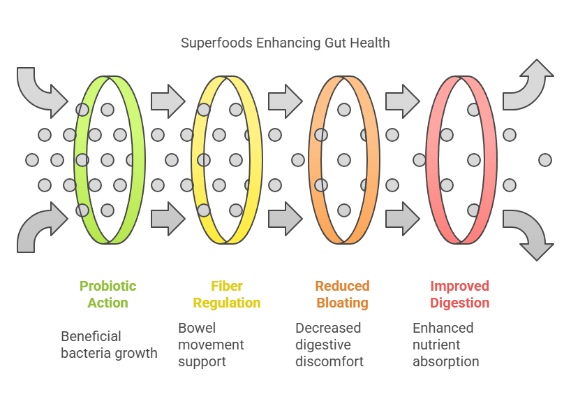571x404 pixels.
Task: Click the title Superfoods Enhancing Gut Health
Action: click(x=285, y=43)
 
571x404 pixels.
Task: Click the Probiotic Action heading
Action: click(x=107, y=294)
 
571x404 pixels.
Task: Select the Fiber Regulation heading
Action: click(x=226, y=294)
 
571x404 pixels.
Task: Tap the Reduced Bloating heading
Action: click(x=342, y=294)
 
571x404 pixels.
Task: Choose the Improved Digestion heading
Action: click(x=459, y=294)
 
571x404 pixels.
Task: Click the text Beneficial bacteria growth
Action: click(x=109, y=345)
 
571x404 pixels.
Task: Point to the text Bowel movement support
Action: click(x=211, y=345)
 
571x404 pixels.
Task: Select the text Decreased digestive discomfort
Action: click(x=328, y=345)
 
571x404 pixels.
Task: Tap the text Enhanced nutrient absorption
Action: click(x=445, y=345)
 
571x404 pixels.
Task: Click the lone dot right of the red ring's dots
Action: click(x=545, y=160)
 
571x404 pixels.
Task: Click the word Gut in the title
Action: click(x=332, y=43)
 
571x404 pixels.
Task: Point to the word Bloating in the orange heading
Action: click(x=342, y=303)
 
